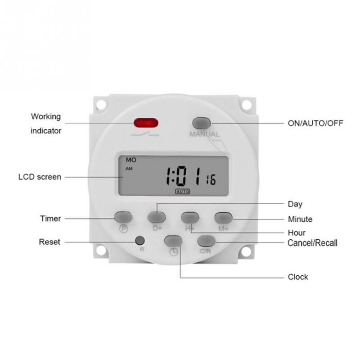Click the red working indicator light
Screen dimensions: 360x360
146,123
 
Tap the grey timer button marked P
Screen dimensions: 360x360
123,217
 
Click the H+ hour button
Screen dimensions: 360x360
190,217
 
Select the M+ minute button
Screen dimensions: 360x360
223,217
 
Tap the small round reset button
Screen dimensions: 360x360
140,240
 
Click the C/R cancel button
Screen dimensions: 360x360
206,241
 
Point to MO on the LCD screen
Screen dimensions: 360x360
131,160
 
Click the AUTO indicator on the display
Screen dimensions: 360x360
183,191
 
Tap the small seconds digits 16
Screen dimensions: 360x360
211,180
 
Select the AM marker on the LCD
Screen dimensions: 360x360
130,169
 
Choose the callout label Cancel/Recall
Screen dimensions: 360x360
312,243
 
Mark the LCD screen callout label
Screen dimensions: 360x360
40,177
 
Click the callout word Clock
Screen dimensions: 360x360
298,277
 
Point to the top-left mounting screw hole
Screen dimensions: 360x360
100,104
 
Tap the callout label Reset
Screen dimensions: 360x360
49,242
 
